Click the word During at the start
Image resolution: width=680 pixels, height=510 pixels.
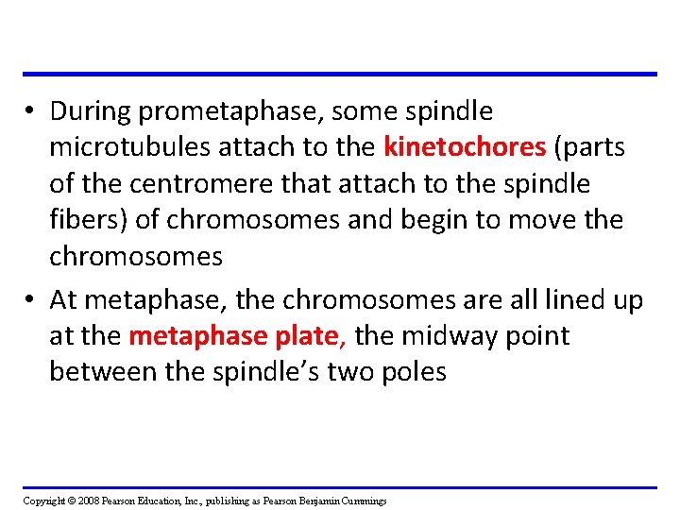coord(91,111)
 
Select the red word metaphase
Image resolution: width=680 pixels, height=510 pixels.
coord(187,336)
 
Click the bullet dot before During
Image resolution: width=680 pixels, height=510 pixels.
coord(31,112)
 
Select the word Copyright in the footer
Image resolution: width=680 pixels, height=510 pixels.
coord(43,501)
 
